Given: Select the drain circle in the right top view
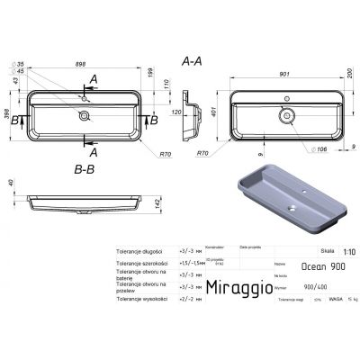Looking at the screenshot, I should pos(289,115).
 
